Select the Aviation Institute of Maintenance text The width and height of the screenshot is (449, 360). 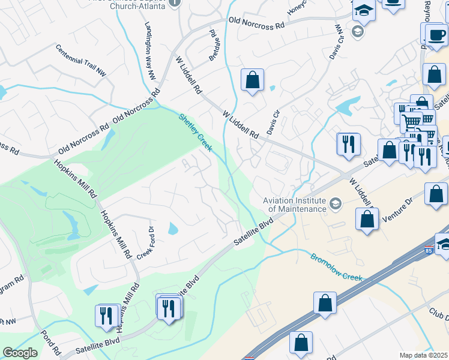[x=295, y=204]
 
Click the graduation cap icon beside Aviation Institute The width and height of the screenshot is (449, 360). [x=335, y=205]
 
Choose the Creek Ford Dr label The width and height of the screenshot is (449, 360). [x=146, y=241]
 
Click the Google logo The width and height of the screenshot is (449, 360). [x=20, y=353]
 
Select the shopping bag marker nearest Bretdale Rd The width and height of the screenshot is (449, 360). [x=253, y=80]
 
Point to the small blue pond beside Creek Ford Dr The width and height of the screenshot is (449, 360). [x=173, y=229]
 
